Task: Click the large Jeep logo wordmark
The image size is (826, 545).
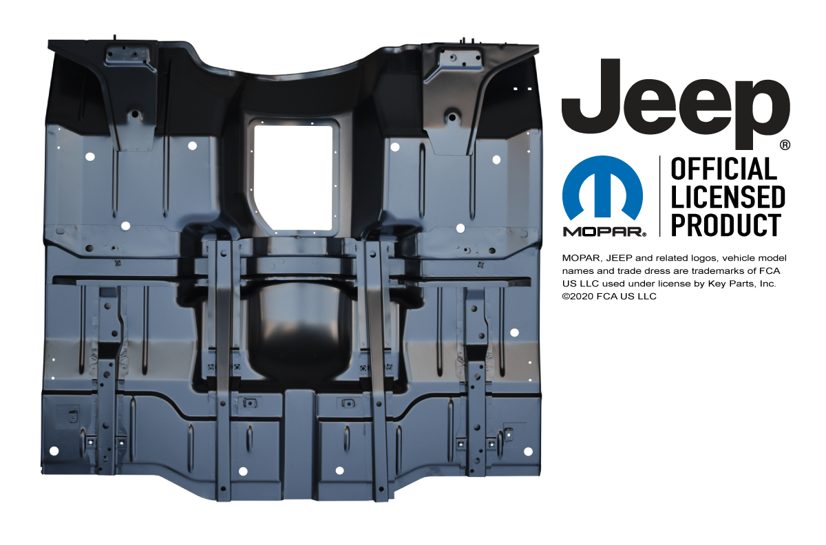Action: (675, 105)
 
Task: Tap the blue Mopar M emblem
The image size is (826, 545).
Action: (602, 188)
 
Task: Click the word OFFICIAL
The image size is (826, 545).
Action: (724, 169)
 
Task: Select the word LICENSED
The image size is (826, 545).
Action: (728, 197)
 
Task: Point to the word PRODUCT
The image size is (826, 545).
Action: (726, 225)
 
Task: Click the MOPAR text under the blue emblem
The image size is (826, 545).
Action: (604, 232)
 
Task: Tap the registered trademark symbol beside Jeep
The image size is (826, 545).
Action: (785, 145)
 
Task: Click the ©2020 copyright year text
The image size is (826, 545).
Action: (582, 297)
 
